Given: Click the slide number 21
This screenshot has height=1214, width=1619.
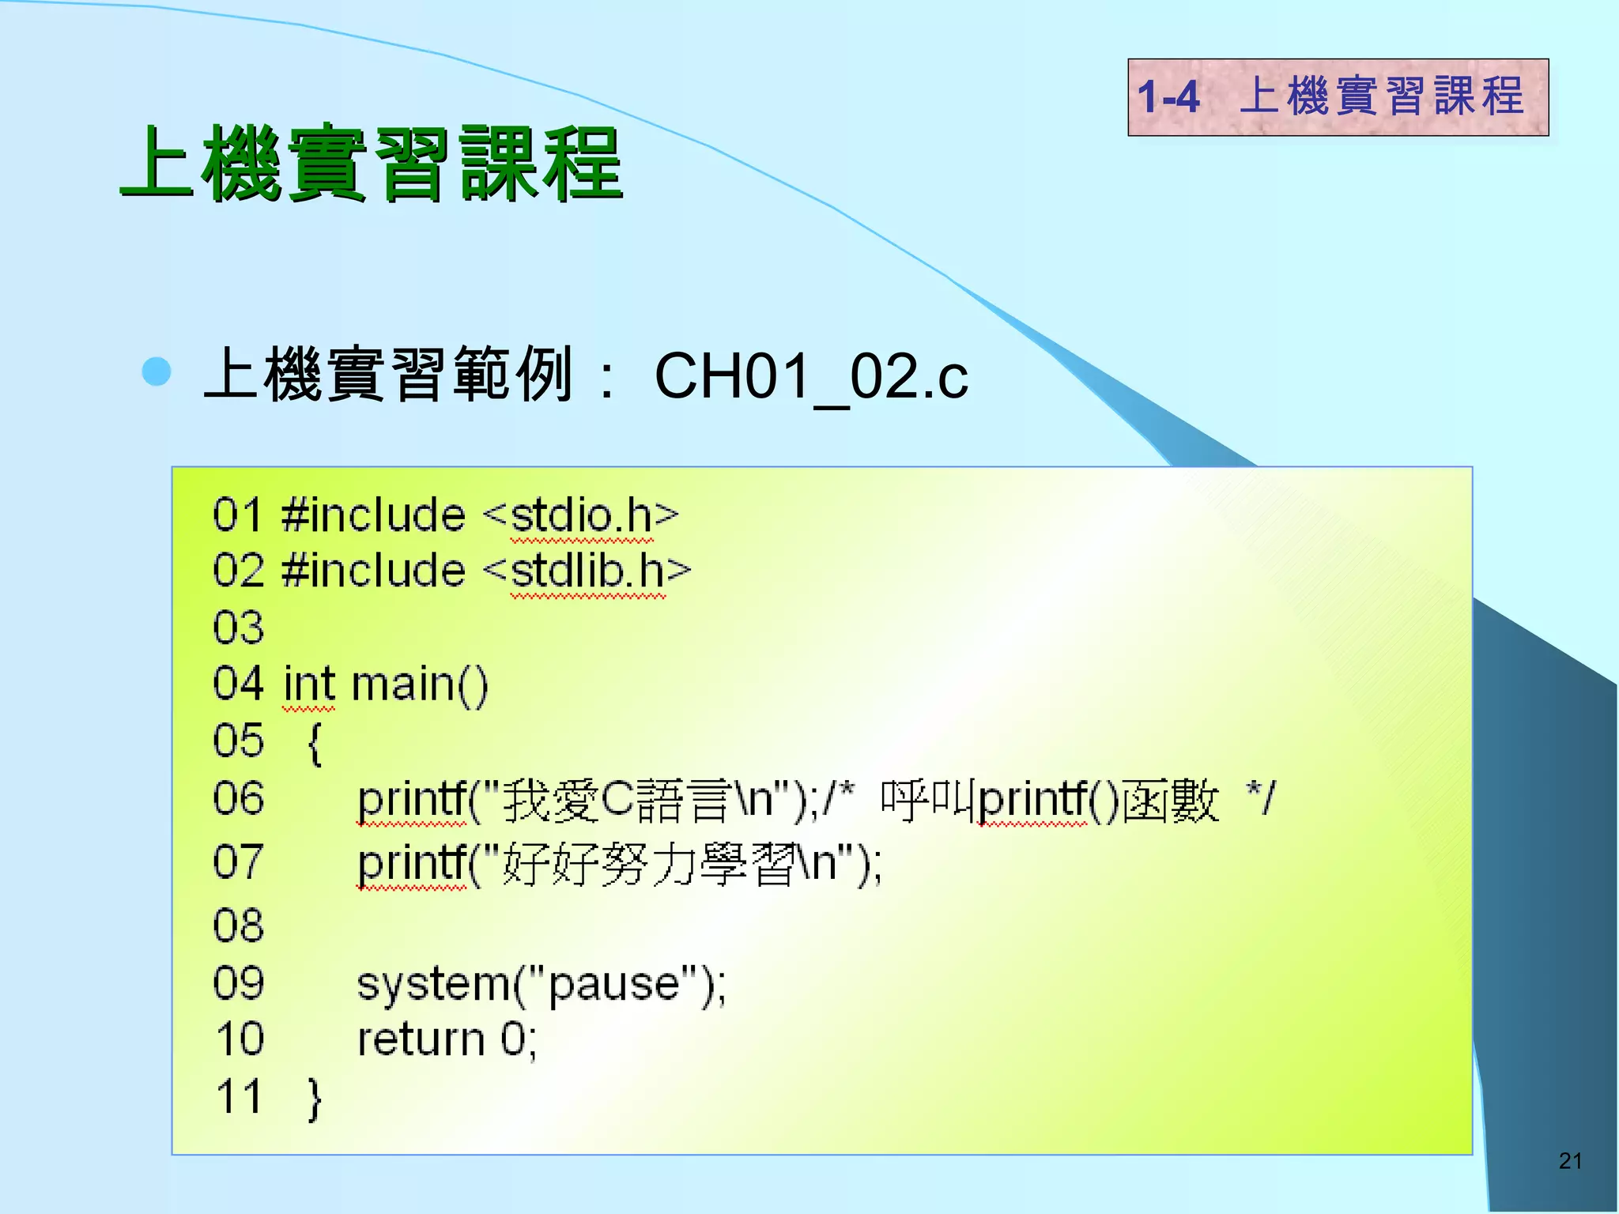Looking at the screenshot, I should tap(1570, 1160).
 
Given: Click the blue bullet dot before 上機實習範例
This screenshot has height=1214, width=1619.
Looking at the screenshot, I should tap(157, 371).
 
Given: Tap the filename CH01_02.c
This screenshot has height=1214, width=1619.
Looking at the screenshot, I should tap(811, 376).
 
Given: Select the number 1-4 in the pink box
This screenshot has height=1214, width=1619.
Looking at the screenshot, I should tap(1168, 97).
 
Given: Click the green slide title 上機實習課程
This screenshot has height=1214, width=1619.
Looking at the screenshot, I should tap(372, 164).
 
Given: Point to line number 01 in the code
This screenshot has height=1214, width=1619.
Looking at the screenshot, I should tap(237, 515).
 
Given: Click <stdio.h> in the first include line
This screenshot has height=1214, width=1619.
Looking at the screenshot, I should tap(581, 515).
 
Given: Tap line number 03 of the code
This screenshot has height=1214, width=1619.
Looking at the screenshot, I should tap(238, 628).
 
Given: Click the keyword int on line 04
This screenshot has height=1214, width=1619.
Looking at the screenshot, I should tap(309, 684).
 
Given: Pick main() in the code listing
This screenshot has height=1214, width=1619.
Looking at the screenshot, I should tap(420, 684).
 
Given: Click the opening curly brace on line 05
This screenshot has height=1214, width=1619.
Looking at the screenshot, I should tap(315, 743).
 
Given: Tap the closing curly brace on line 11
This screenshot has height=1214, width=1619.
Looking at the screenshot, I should tap(315, 1098).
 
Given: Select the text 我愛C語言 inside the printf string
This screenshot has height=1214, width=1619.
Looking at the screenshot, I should tap(617, 800).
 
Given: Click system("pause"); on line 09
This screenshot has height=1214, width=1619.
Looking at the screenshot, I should tap(542, 985).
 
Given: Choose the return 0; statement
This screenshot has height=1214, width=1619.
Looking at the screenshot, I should tap(447, 1039).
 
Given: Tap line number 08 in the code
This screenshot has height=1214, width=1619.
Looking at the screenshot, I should tap(238, 925).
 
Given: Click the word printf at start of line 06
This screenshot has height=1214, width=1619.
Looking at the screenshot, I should tap(411, 800).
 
